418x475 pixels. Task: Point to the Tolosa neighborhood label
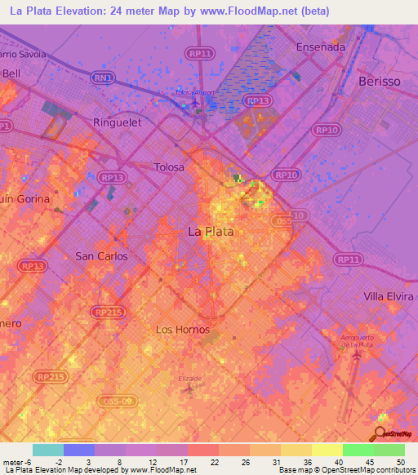(x=169, y=167)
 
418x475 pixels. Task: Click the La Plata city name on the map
(x=211, y=232)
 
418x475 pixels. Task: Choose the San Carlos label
(x=101, y=256)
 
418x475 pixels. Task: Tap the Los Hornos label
(x=182, y=330)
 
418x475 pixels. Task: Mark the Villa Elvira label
(x=389, y=296)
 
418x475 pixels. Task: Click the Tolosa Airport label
(x=195, y=92)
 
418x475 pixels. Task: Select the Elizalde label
(x=189, y=378)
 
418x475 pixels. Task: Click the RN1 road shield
(x=103, y=78)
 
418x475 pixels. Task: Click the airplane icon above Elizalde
(x=189, y=388)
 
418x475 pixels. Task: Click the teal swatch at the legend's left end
(x=47, y=450)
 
